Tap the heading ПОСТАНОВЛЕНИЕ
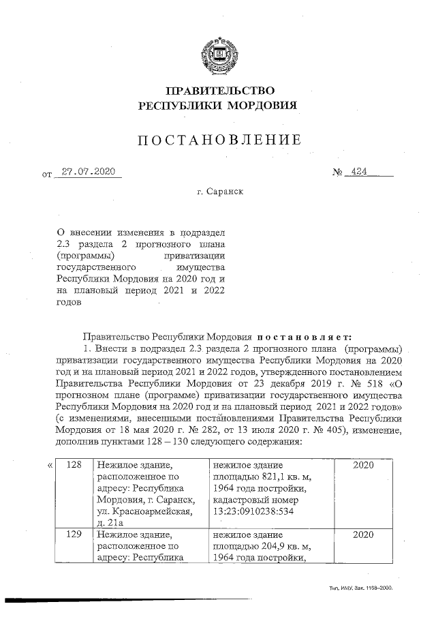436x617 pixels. [218, 140]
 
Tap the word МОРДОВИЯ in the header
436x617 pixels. [264, 106]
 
